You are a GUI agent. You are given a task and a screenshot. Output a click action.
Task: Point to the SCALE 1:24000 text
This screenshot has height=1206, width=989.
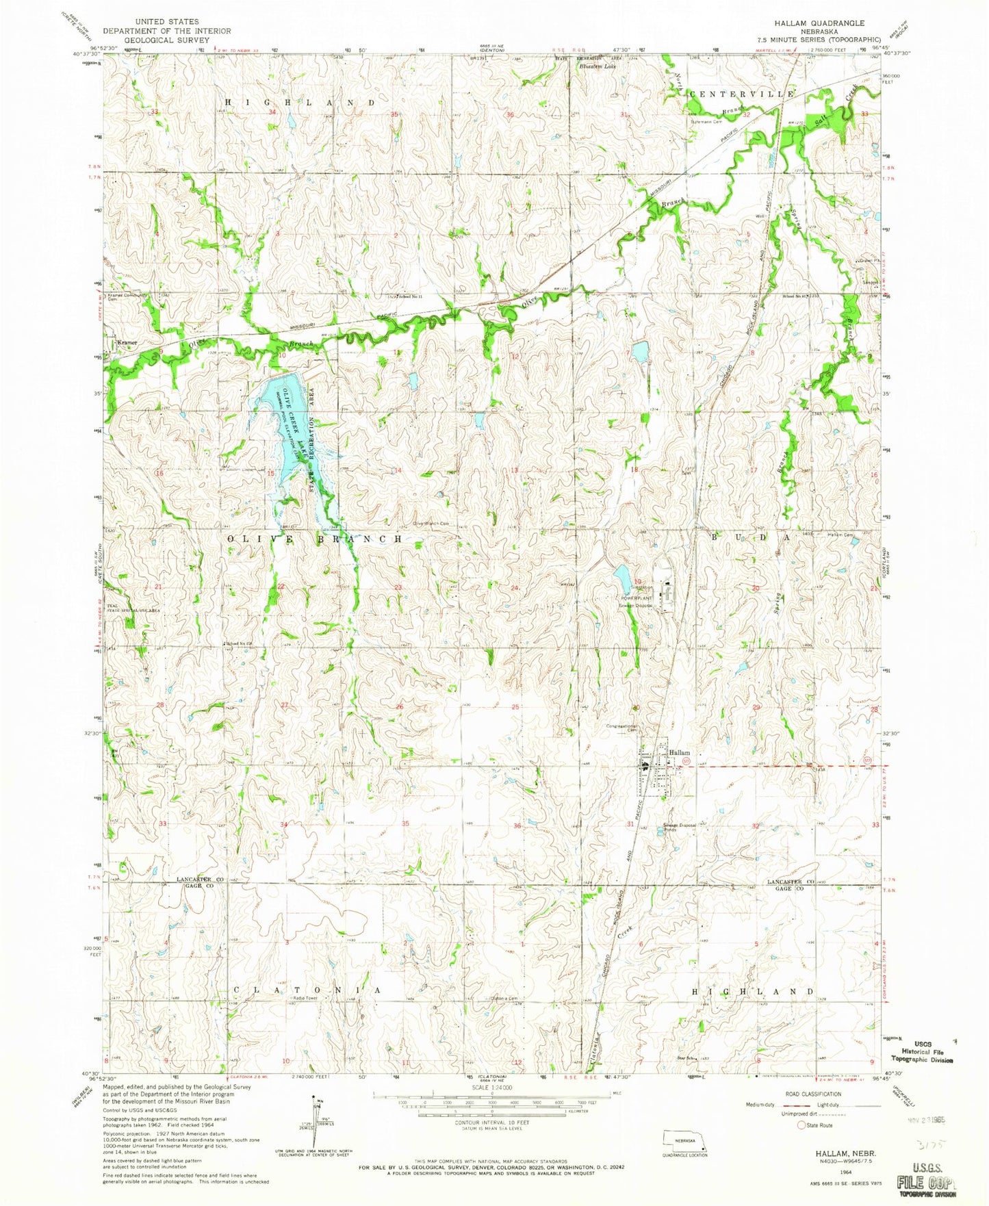(x=490, y=1088)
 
